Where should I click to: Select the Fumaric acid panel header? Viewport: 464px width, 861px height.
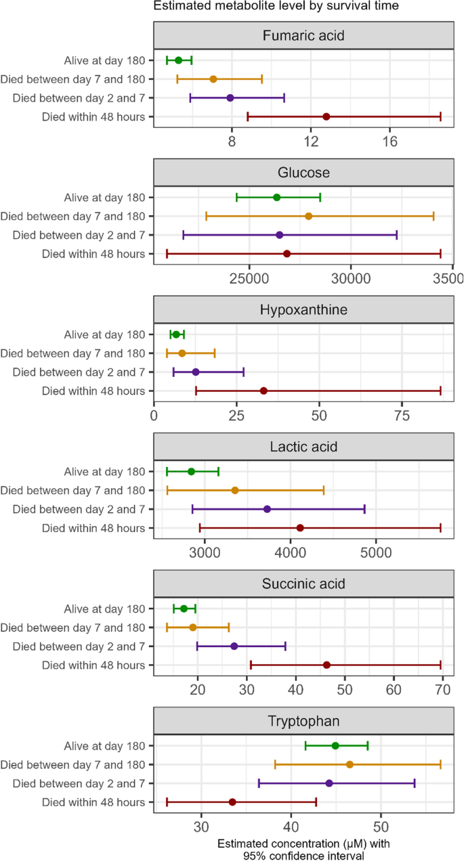point(302,35)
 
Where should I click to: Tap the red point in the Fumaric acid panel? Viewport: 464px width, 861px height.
point(326,116)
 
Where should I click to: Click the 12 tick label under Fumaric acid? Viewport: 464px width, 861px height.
point(311,142)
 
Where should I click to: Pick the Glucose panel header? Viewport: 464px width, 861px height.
point(302,173)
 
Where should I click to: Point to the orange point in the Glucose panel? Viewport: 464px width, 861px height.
point(309,216)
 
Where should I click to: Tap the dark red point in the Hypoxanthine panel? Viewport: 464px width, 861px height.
point(263,391)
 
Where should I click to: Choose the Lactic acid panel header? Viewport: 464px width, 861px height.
point(302,447)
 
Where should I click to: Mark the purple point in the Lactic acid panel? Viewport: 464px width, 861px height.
point(267,509)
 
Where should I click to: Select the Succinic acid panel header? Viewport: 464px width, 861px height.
point(302,583)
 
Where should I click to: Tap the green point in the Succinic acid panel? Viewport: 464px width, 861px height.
point(184,609)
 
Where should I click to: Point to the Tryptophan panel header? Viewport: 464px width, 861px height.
point(302,721)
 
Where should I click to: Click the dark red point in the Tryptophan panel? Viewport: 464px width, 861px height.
point(232,801)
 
